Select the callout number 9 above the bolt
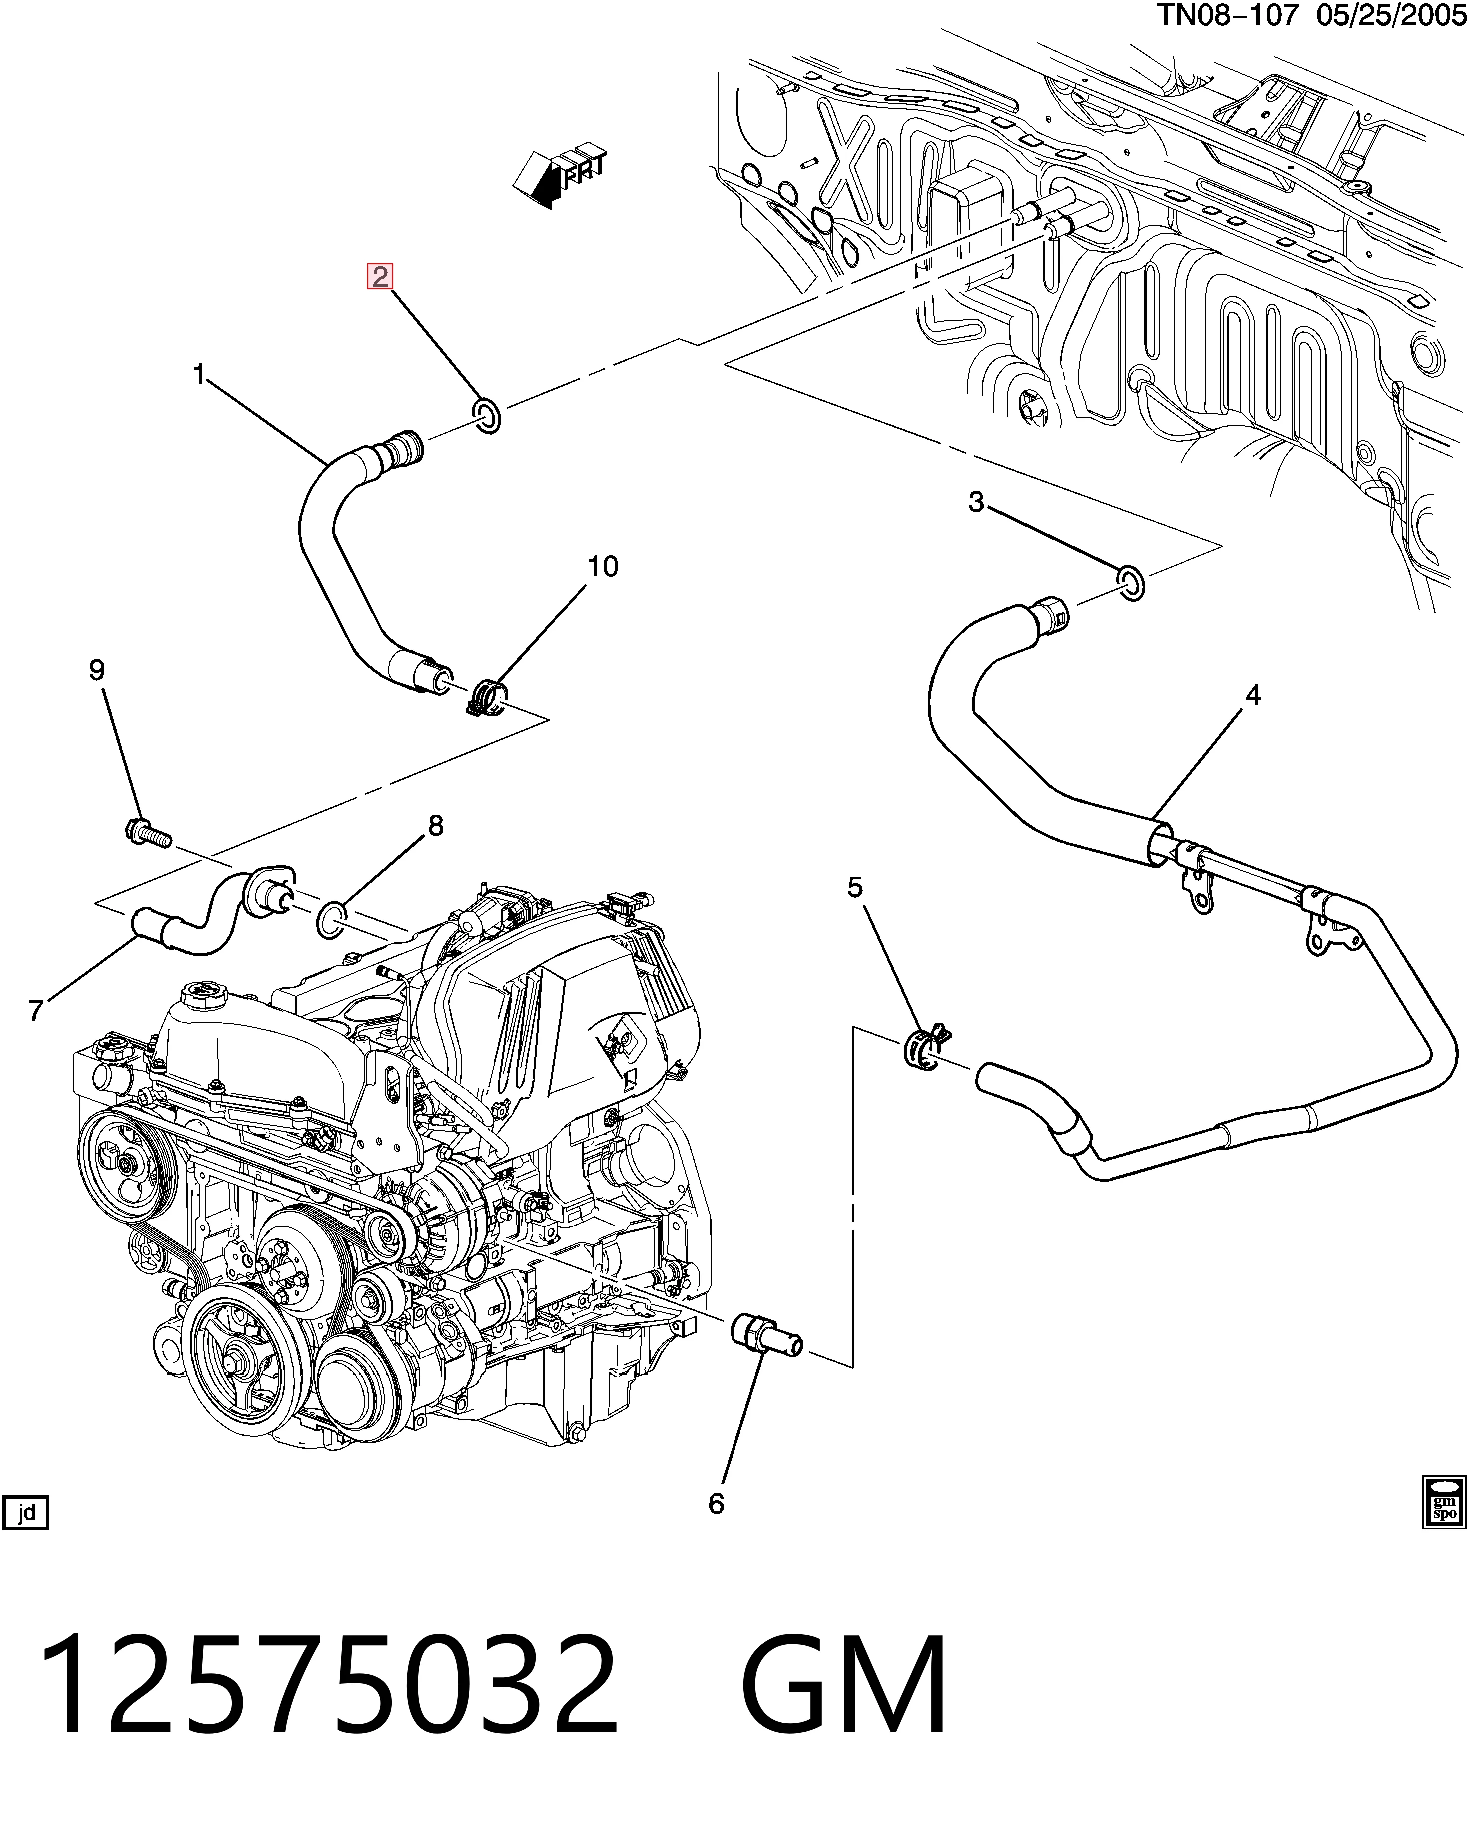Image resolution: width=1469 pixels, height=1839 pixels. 97,670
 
